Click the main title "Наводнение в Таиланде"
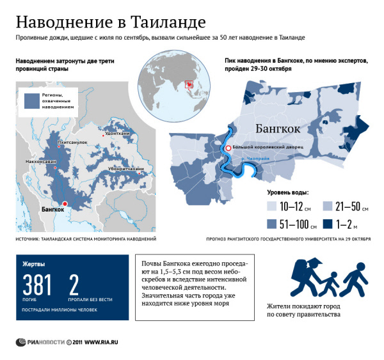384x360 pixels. (x=111, y=22)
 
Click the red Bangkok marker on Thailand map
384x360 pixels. (x=64, y=203)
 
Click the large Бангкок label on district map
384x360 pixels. (x=278, y=129)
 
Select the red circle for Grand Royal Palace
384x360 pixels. (x=228, y=148)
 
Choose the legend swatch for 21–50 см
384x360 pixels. (x=326, y=205)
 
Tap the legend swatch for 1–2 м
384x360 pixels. (x=326, y=224)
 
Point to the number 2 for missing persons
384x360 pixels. (x=74, y=286)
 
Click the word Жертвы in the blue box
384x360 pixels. (x=34, y=263)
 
